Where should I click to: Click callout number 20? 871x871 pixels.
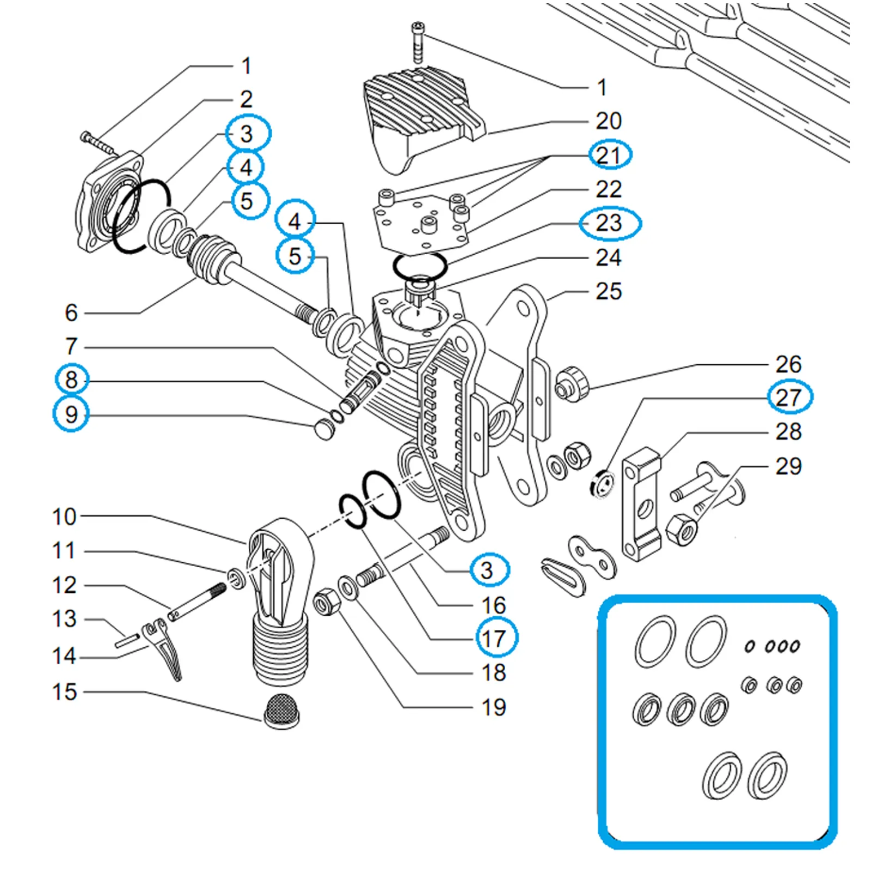point(608,121)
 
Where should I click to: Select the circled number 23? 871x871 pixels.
point(609,223)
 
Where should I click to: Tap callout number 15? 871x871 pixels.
point(64,692)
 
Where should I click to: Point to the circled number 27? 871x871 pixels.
point(789,397)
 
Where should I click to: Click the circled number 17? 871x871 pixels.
point(494,639)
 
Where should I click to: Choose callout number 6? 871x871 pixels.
point(71,312)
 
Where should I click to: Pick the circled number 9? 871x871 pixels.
point(71,414)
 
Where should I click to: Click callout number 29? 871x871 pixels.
point(789,467)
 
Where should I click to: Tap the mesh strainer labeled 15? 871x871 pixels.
point(281,712)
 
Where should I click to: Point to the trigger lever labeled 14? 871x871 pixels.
point(166,651)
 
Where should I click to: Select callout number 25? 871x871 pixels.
point(608,291)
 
